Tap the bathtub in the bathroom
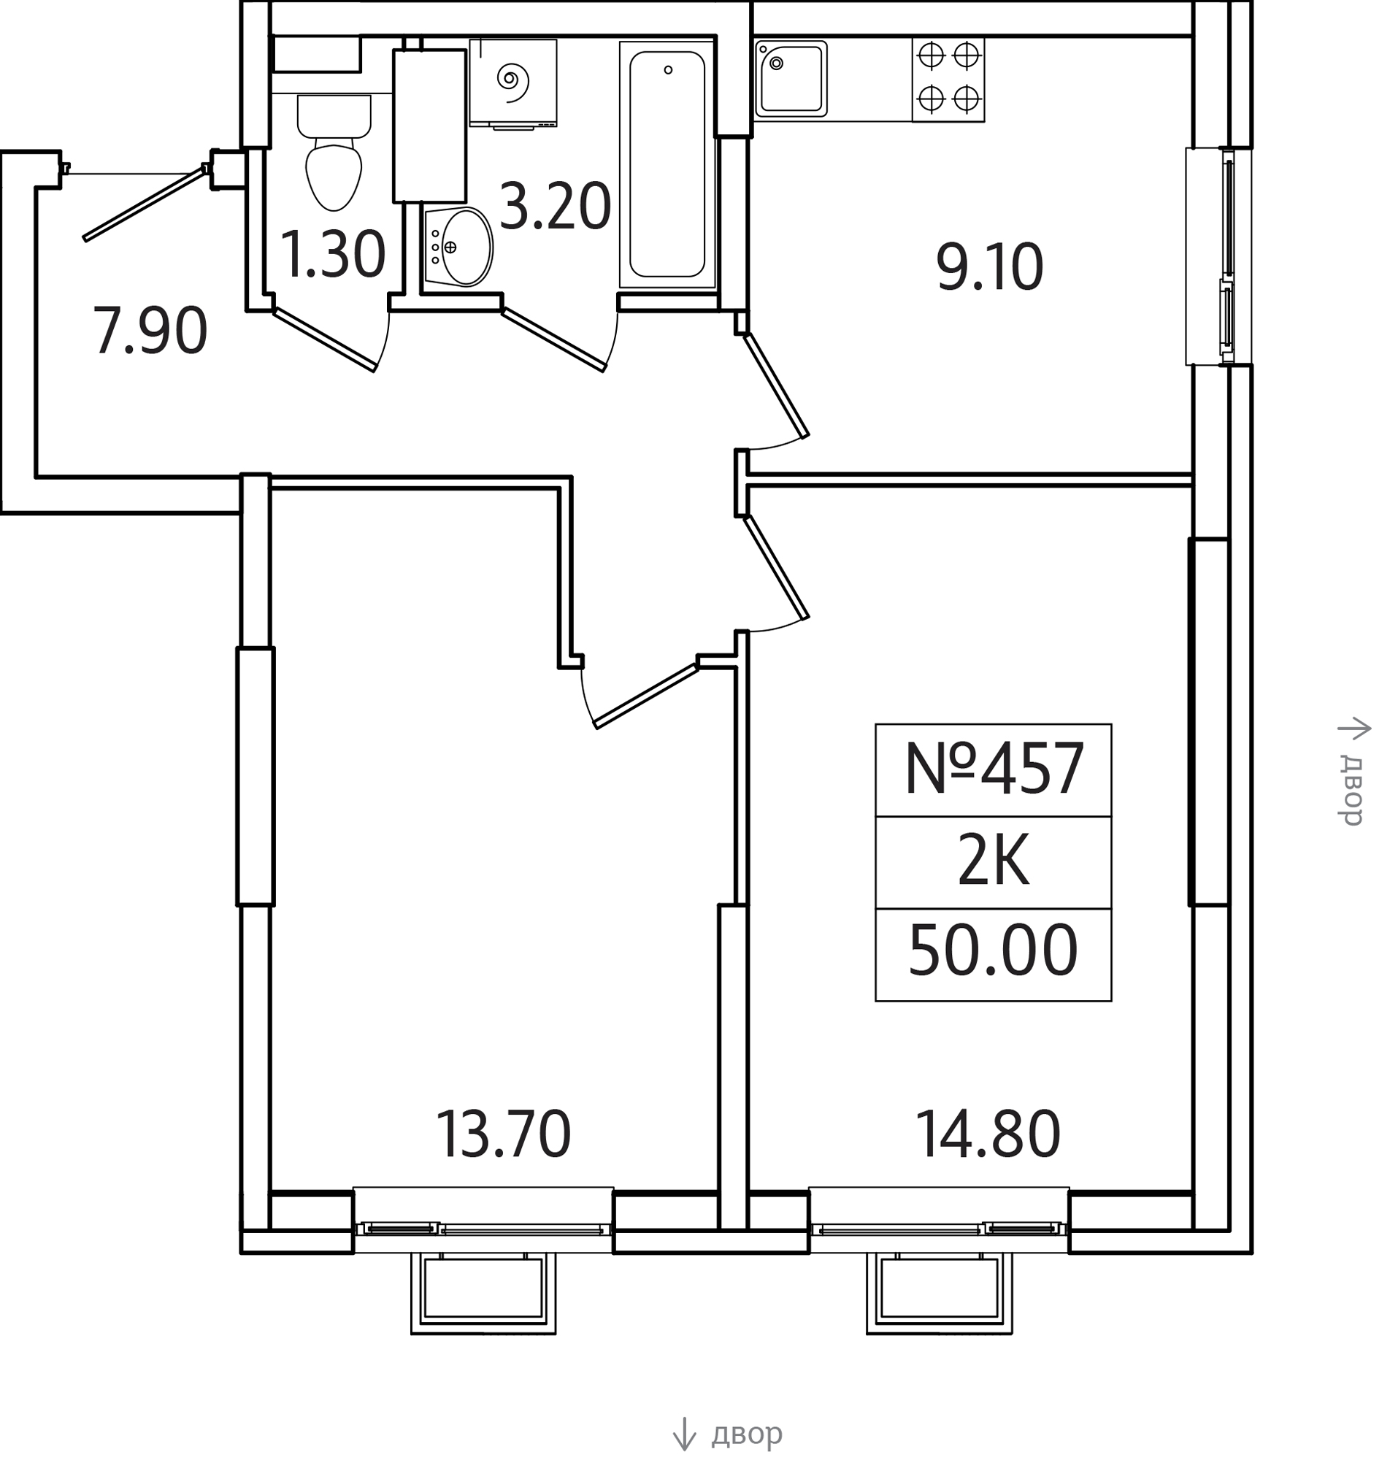pos(667,164)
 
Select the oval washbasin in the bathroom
pos(458,247)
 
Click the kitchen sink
pos(791,79)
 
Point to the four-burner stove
pos(948,80)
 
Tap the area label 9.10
pos(990,267)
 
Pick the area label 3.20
pos(556,207)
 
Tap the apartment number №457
pos(994,769)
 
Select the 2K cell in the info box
pos(994,862)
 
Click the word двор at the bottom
pos(747,1434)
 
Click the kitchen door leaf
pos(777,385)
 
